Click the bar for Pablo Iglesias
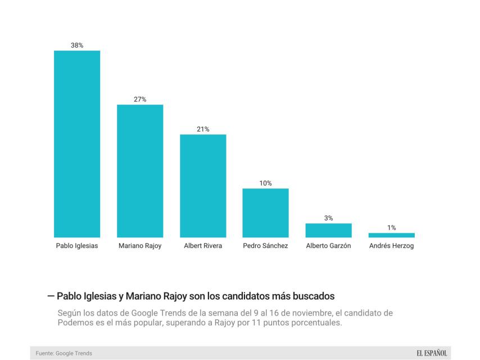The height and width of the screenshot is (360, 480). tap(77, 144)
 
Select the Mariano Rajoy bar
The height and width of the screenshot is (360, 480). tap(140, 171)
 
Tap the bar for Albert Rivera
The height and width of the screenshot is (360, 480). tap(203, 186)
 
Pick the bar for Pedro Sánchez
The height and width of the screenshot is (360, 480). tap(265, 213)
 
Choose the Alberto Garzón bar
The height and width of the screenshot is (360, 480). tap(328, 230)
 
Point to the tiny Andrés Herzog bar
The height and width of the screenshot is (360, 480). tap(391, 235)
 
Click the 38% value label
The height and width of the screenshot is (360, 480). tap(77, 45)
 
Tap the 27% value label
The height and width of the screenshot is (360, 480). tap(140, 99)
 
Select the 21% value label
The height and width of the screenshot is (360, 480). tap(203, 129)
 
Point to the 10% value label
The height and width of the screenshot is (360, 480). tap(265, 183)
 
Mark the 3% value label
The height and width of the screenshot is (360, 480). tap(328, 218)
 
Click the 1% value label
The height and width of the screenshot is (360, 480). tap(391, 227)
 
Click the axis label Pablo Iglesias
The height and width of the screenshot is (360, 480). tap(77, 246)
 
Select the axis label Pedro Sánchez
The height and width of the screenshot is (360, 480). tap(265, 246)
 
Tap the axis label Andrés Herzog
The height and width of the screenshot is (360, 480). tap(391, 246)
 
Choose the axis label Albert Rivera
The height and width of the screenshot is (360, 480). tap(203, 246)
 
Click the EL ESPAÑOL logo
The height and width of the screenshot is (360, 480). tap(432, 353)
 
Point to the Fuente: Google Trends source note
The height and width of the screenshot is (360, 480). tap(64, 353)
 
